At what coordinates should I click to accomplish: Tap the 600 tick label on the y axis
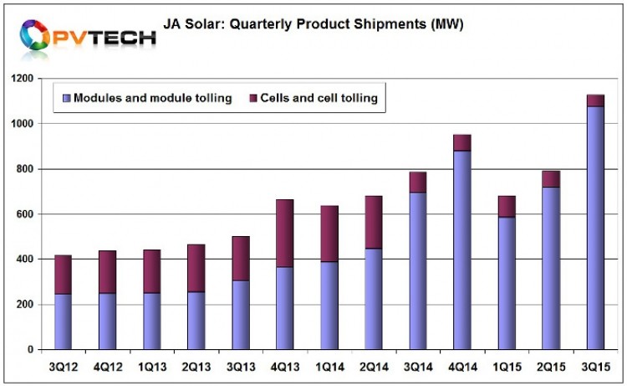pyautogui.click(x=31, y=214)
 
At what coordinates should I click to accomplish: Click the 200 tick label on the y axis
pyautogui.click(x=31, y=305)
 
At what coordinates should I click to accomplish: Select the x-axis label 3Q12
pyautogui.click(x=64, y=366)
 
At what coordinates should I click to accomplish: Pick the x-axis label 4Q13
pyautogui.click(x=285, y=366)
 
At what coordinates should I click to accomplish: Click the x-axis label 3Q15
pyautogui.click(x=595, y=366)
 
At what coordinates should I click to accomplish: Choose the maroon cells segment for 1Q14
pyautogui.click(x=329, y=230)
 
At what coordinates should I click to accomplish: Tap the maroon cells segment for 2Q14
pyautogui.click(x=374, y=222)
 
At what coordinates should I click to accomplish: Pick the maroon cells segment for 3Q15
pyautogui.click(x=595, y=100)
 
